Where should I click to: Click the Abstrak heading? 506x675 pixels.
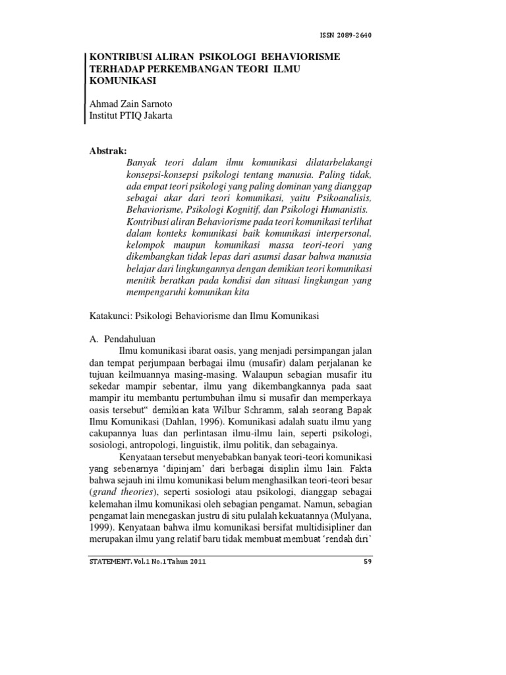tap(108, 152)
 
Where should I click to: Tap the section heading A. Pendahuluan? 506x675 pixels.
tap(121, 337)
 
